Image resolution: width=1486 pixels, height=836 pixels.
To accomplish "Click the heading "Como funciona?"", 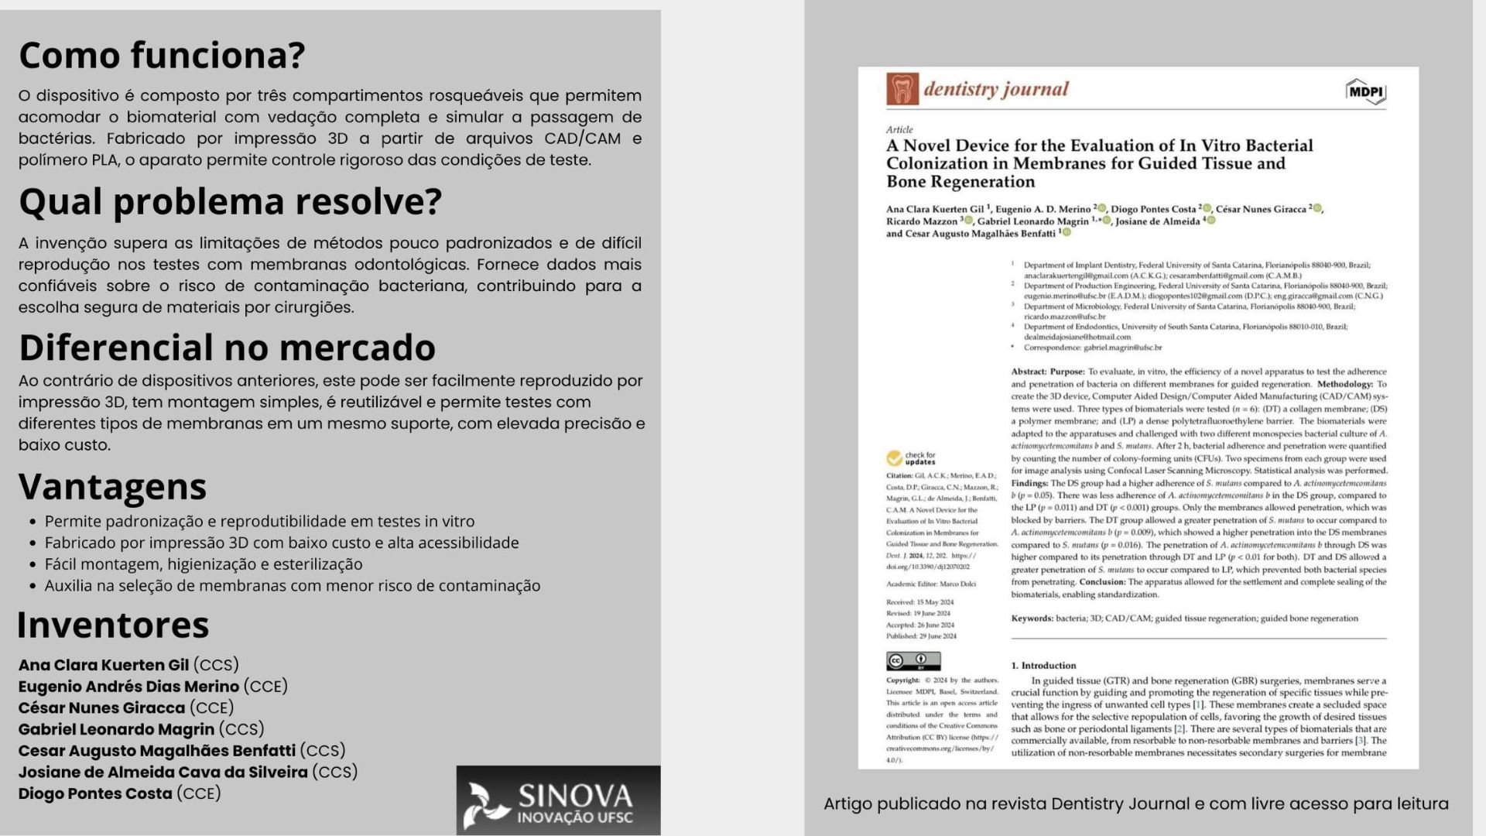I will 162,55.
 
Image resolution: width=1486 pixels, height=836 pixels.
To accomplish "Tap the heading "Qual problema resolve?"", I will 230,201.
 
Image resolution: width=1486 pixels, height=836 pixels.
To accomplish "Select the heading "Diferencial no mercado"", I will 227,348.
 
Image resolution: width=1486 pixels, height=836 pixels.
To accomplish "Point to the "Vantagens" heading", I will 112,487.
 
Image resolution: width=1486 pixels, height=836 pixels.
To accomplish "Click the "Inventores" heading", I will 113,625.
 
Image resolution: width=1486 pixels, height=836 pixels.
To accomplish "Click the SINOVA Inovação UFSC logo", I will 558,801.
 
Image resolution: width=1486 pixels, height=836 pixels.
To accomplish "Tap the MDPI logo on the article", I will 1365,92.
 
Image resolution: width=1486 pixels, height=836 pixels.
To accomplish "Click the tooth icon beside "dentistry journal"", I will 902,89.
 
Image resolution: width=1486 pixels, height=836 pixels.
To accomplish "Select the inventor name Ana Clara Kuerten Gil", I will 104,665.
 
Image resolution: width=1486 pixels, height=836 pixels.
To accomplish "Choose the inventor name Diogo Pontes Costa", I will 95,793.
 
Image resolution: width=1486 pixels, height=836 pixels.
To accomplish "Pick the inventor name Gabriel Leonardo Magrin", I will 116,729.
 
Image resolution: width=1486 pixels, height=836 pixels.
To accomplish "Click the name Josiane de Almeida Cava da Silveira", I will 163,772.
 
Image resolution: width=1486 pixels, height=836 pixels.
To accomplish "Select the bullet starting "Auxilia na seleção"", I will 292,586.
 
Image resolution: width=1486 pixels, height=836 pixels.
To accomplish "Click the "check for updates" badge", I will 911,458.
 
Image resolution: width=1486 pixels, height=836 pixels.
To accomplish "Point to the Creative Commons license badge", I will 913,661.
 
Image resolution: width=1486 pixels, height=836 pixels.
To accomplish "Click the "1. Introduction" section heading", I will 1043,666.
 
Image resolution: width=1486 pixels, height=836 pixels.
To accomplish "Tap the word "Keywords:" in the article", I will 1032,618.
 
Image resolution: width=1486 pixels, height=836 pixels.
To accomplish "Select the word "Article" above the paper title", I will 899,129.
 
